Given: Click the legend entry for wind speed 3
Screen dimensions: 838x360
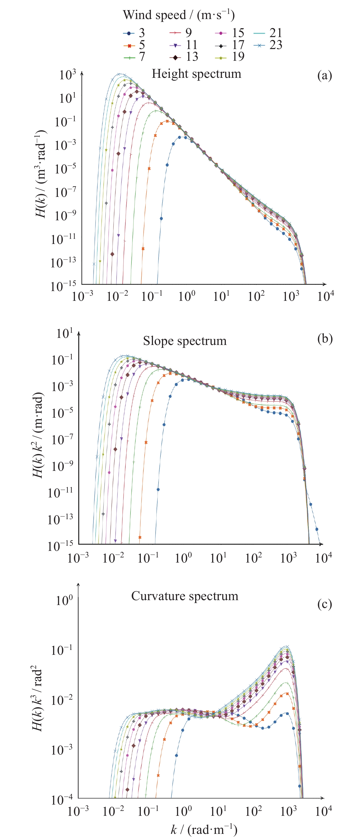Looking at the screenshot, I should pos(135,33).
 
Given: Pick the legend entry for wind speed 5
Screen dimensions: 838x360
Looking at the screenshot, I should pos(135,45).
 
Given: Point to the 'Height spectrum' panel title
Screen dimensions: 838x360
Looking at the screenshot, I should pos(196,74).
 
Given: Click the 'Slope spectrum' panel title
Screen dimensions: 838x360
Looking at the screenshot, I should pos(185,341).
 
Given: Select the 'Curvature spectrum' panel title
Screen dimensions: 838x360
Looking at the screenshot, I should pos(185,596).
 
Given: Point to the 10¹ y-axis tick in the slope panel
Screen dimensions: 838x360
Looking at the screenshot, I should pos(64,334).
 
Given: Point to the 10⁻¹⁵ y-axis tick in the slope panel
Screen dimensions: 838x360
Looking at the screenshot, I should pos(60,546).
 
